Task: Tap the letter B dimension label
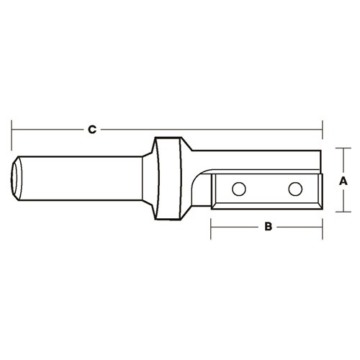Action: pyautogui.click(x=267, y=227)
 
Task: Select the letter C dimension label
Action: pyautogui.click(x=91, y=130)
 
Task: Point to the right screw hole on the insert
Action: pyautogui.click(x=294, y=189)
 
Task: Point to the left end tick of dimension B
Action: pyautogui.click(x=211, y=227)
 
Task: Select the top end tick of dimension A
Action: pyautogui.click(x=343, y=148)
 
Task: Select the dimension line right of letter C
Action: pyautogui.click(x=209, y=130)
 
